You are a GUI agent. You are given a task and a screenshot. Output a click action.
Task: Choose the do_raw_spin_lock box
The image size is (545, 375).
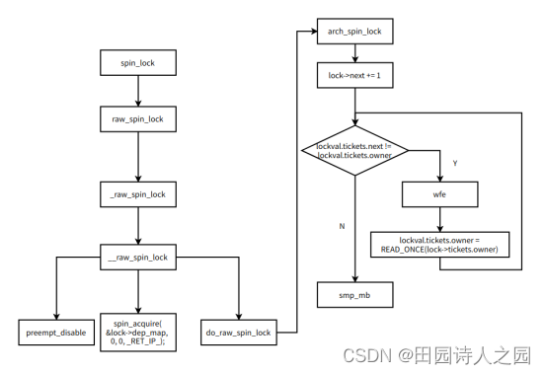point(237,332)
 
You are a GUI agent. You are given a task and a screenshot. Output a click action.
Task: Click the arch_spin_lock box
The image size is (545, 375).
point(355,33)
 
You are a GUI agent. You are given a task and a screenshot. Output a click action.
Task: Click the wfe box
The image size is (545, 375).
point(439,195)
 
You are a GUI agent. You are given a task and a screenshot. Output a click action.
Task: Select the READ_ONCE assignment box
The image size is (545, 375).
point(439,245)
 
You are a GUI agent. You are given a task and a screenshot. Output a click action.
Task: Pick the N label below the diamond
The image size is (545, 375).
point(342,226)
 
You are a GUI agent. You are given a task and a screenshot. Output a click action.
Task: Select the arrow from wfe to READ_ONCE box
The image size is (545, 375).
point(439,219)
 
